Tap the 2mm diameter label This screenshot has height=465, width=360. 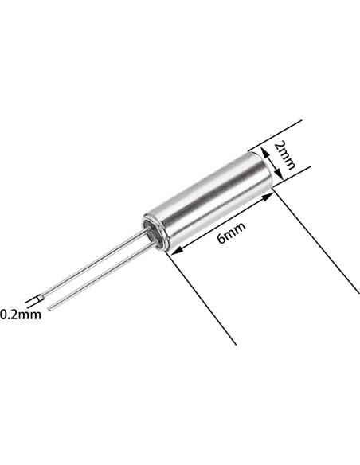[284, 155]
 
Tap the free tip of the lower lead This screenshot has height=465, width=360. [50, 307]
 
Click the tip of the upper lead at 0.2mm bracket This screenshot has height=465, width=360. [41, 299]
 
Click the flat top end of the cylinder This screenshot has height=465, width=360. [268, 169]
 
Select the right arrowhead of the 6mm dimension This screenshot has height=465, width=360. [272, 198]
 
